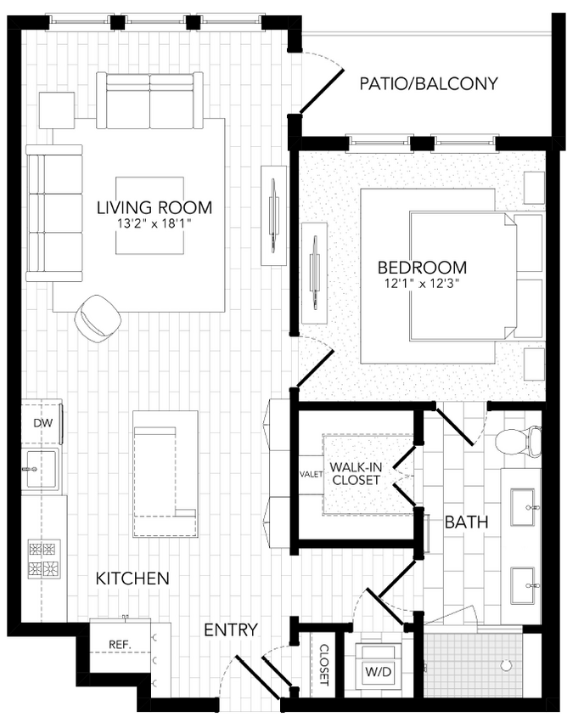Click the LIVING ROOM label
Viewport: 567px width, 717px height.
pos(154,207)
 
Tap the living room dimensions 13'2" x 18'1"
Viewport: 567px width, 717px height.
pos(154,225)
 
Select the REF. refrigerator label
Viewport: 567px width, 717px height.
pos(119,645)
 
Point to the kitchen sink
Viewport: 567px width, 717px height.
pos(40,468)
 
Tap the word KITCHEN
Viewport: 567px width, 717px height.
pos(132,579)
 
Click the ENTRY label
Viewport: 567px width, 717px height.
pos(231,629)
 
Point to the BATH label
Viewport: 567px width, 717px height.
pos(467,522)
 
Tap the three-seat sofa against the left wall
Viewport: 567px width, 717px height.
pos(54,212)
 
